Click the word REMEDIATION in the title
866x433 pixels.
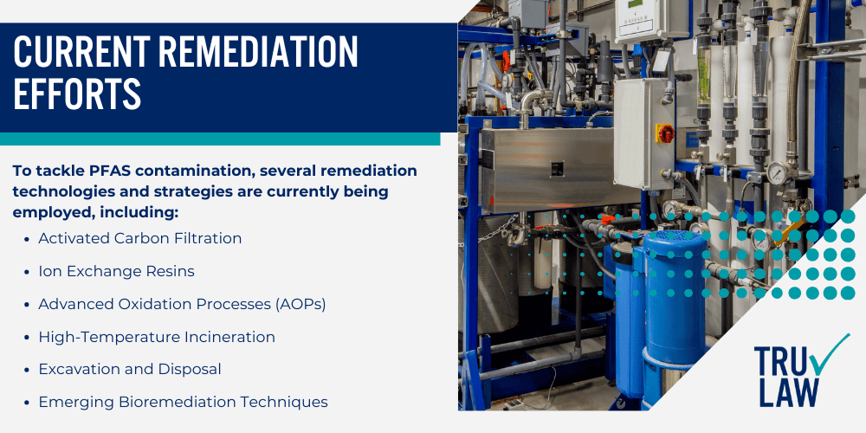262,55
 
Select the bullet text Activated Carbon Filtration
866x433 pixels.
140,238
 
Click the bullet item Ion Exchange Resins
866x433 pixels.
116,271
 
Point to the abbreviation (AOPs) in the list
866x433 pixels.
295,304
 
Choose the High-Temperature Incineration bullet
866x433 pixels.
157,337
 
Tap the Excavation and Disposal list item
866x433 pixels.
130,369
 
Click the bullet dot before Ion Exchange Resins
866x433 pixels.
29,271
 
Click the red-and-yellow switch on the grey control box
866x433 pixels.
664,132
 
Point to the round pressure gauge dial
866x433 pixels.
777,173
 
